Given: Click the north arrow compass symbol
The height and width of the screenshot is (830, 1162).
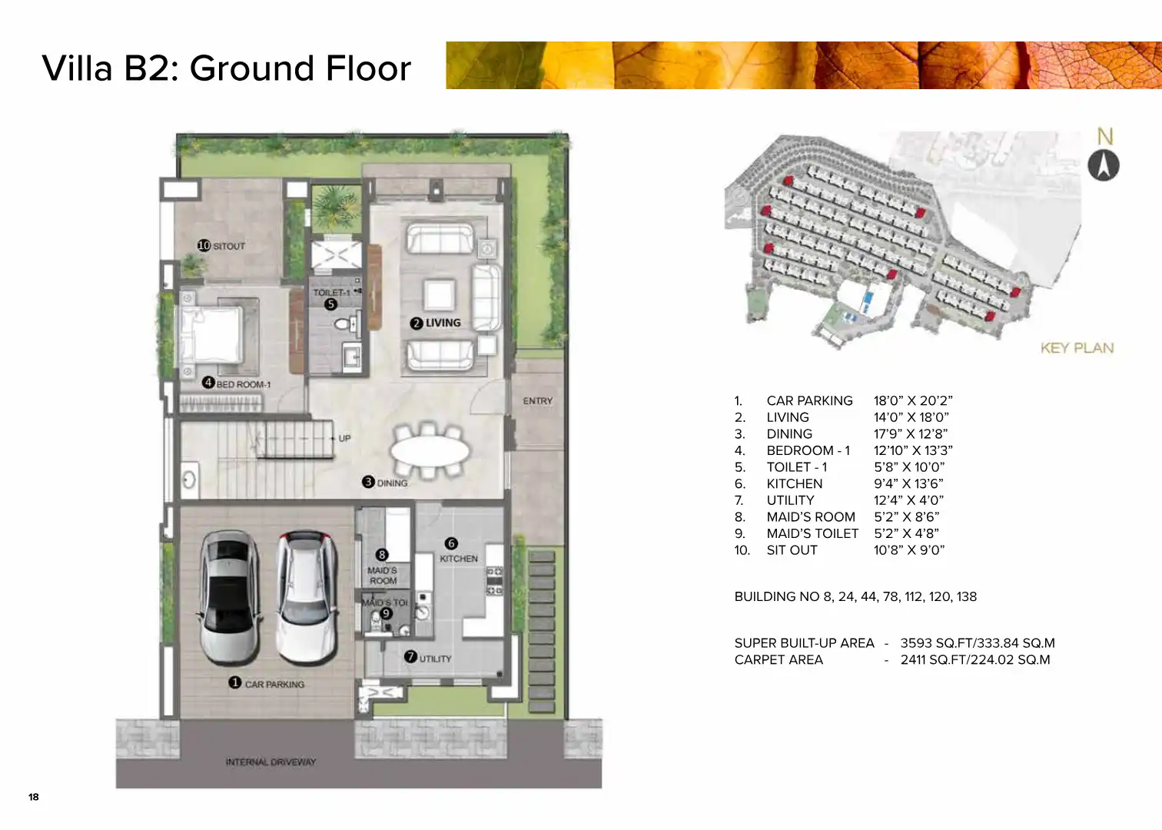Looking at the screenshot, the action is click(x=1104, y=165).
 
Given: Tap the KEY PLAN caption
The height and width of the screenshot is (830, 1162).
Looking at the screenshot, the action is click(x=1077, y=347).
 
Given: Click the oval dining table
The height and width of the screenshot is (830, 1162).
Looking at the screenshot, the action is click(x=430, y=450).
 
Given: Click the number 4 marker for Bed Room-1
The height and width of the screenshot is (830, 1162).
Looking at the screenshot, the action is click(x=208, y=382).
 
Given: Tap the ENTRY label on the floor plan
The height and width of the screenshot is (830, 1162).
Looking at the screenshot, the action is click(x=537, y=401).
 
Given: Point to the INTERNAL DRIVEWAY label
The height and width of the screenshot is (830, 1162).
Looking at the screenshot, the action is click(x=271, y=762).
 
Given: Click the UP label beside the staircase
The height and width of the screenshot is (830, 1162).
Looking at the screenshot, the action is click(x=344, y=438).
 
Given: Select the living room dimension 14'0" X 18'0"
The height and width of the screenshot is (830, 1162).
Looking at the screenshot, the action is click(x=911, y=417).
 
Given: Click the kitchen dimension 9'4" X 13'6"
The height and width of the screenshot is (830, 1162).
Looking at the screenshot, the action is click(x=908, y=483).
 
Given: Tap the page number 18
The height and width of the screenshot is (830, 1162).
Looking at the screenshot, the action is click(x=34, y=797).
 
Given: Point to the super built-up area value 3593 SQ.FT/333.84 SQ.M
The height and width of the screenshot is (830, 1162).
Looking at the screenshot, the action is click(x=978, y=643).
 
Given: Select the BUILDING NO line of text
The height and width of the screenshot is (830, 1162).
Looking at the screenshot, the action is click(x=855, y=596).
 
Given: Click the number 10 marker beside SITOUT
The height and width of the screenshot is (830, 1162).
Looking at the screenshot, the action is click(x=204, y=245).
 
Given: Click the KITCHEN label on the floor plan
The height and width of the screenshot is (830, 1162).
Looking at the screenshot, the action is click(x=459, y=559).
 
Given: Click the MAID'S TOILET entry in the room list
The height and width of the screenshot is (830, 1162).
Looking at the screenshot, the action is click(x=812, y=533).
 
